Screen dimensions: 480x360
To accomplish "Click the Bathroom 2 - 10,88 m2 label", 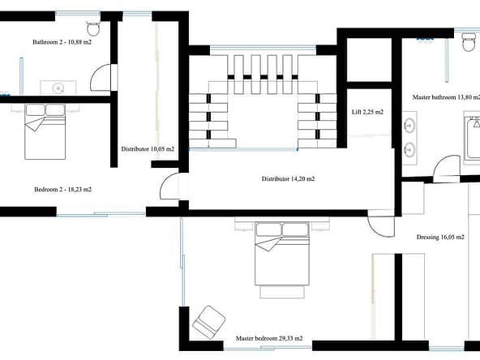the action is tap(62, 42).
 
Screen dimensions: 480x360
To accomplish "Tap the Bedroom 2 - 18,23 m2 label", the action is tap(62, 190).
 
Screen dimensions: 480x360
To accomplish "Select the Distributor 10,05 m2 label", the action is tap(148, 149).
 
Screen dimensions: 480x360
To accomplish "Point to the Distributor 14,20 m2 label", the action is tap(288, 178).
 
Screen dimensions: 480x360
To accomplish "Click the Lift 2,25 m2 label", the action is tap(367, 112).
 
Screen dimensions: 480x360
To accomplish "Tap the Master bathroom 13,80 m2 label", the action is tap(446, 97).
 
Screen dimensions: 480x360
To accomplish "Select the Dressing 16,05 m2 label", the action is tap(440, 237).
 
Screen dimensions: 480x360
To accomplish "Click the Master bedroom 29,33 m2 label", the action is tap(269, 338).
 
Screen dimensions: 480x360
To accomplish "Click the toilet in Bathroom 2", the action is tap(93, 28).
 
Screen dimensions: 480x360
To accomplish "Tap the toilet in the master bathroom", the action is tap(469, 42).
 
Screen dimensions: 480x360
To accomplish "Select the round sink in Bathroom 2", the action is tap(58, 88).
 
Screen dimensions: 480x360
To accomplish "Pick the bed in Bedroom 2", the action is tap(45, 131).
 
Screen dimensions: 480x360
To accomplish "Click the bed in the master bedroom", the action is tap(282, 254).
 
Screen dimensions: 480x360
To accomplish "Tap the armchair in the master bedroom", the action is tap(208, 323).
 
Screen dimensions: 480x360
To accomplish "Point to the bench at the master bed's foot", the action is tap(282, 292).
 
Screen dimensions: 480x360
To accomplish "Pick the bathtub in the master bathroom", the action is tap(472, 139).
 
